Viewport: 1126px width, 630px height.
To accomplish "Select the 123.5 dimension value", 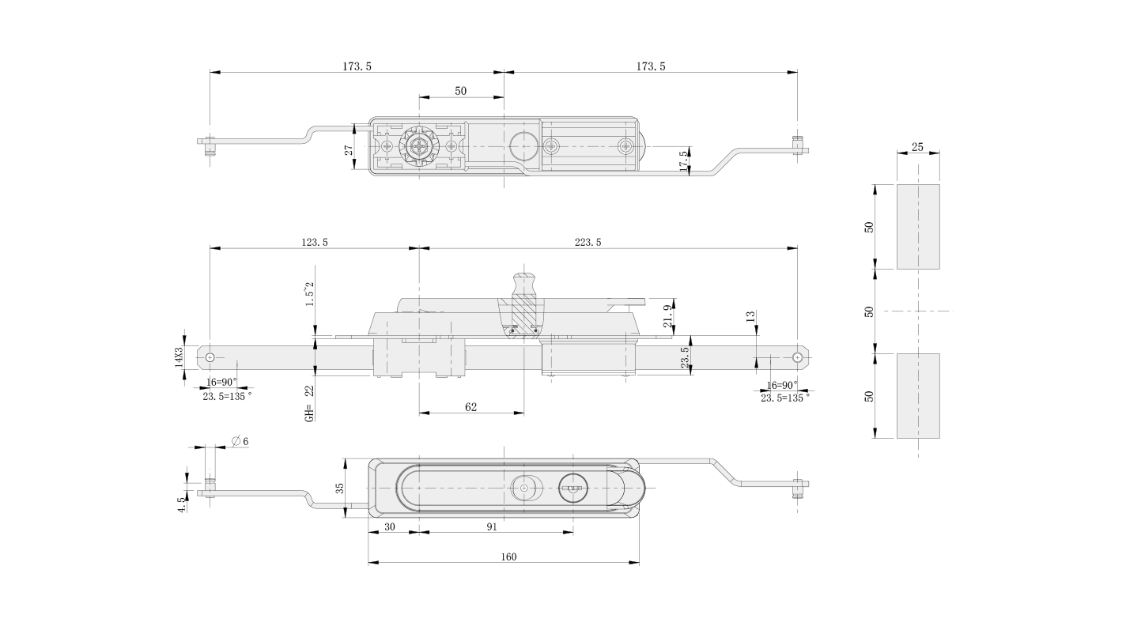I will pos(315,243).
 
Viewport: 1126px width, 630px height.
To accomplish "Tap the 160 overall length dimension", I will pos(508,557).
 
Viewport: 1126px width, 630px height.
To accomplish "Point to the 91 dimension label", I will pos(492,525).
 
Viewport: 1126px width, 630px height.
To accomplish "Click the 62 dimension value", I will pos(471,406).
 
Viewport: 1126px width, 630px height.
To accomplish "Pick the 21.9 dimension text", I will pos(668,316).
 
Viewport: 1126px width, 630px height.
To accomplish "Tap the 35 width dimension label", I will pos(341,489).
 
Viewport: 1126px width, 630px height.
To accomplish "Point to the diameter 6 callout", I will pos(240,440).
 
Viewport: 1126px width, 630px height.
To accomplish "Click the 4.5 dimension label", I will pos(182,505).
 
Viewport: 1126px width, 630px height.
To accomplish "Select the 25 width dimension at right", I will pos(917,147).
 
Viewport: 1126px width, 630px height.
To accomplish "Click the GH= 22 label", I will pos(309,403).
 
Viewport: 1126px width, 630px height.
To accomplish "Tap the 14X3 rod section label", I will pos(179,358).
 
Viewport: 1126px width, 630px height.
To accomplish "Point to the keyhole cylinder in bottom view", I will pos(570,489).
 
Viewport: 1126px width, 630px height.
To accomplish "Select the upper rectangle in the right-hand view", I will pos(918,227).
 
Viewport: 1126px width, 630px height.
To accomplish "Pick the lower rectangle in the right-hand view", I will pos(918,396).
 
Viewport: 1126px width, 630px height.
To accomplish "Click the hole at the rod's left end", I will pos(210,358).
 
